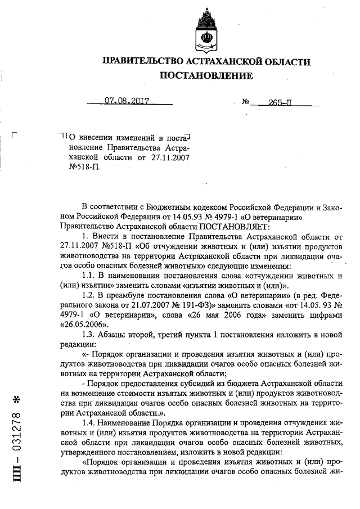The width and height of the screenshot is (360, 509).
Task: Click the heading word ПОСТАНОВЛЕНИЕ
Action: tap(206, 75)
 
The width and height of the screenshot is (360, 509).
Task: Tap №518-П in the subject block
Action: tap(75, 167)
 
